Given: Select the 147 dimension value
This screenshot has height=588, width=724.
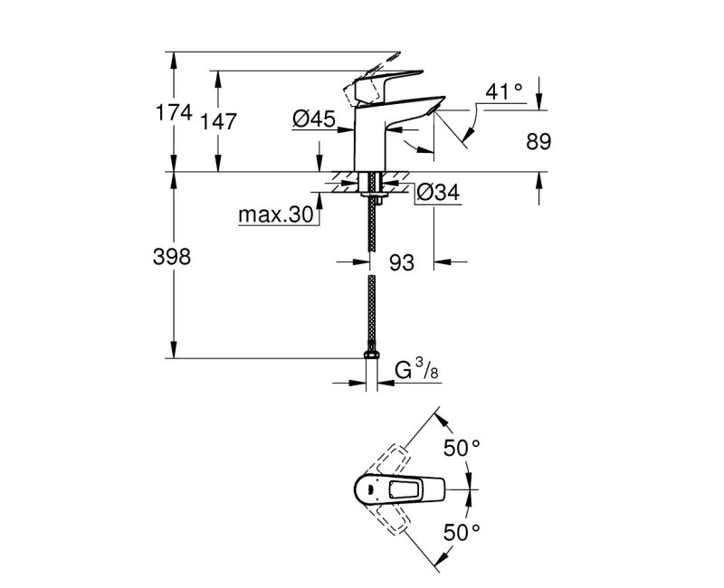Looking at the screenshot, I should pyautogui.click(x=220, y=122).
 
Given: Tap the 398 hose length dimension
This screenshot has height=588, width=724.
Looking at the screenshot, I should pyautogui.click(x=173, y=258).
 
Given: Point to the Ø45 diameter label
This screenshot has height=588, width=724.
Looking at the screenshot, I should pyautogui.click(x=312, y=118).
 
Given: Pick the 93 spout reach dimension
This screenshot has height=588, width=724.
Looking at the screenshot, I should pyautogui.click(x=401, y=262).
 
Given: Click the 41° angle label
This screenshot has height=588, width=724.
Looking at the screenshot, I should pyautogui.click(x=504, y=91).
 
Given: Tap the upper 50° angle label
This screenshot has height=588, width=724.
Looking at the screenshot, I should pyautogui.click(x=462, y=448).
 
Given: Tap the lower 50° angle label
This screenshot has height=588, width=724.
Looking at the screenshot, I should pyautogui.click(x=462, y=532).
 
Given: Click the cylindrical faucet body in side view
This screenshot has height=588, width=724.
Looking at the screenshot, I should pyautogui.click(x=372, y=140).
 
